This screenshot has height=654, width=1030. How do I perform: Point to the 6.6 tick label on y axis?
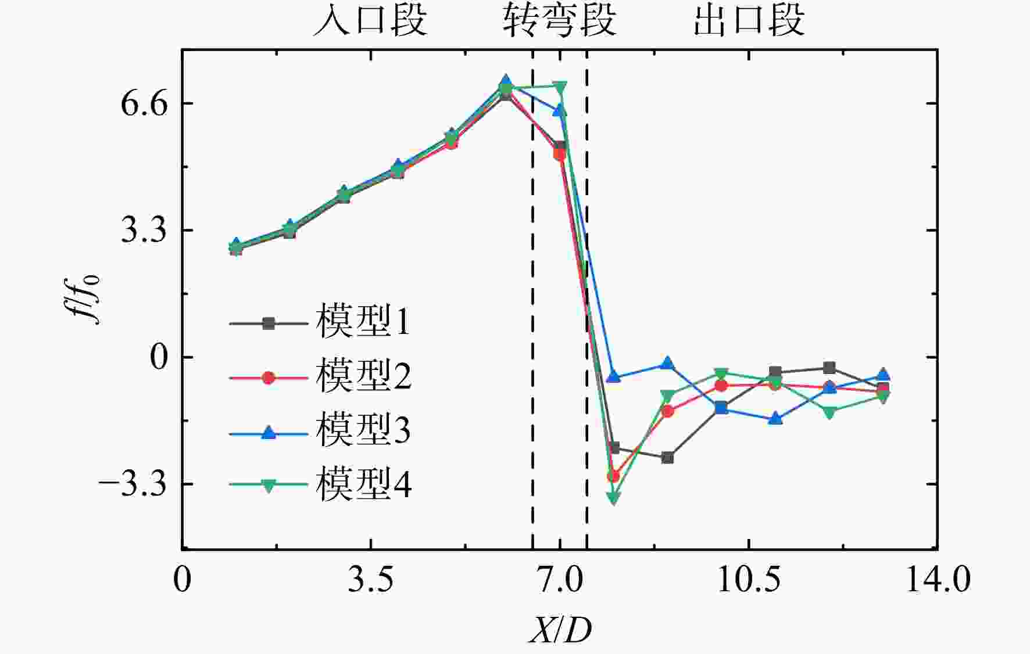pyautogui.click(x=144, y=103)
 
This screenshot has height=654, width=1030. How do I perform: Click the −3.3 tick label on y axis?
pyautogui.click(x=134, y=484)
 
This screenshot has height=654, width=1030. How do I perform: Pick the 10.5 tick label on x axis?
pyautogui.click(x=749, y=580)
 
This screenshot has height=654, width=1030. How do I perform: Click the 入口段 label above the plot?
pyautogui.click(x=370, y=20)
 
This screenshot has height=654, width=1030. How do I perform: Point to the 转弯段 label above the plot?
pyautogui.click(x=559, y=20)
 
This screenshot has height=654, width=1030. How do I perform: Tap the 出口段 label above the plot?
pyautogui.click(x=749, y=20)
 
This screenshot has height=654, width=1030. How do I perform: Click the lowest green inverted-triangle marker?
pyautogui.click(x=614, y=498)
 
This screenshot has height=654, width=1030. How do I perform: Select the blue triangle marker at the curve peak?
pyautogui.click(x=506, y=81)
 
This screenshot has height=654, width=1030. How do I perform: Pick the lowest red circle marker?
pyautogui.click(x=614, y=476)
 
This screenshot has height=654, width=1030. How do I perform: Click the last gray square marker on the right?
pyautogui.click(x=883, y=389)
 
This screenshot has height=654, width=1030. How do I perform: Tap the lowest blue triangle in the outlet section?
pyautogui.click(x=775, y=418)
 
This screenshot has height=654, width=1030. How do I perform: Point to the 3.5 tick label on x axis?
pyautogui.click(x=371, y=580)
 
